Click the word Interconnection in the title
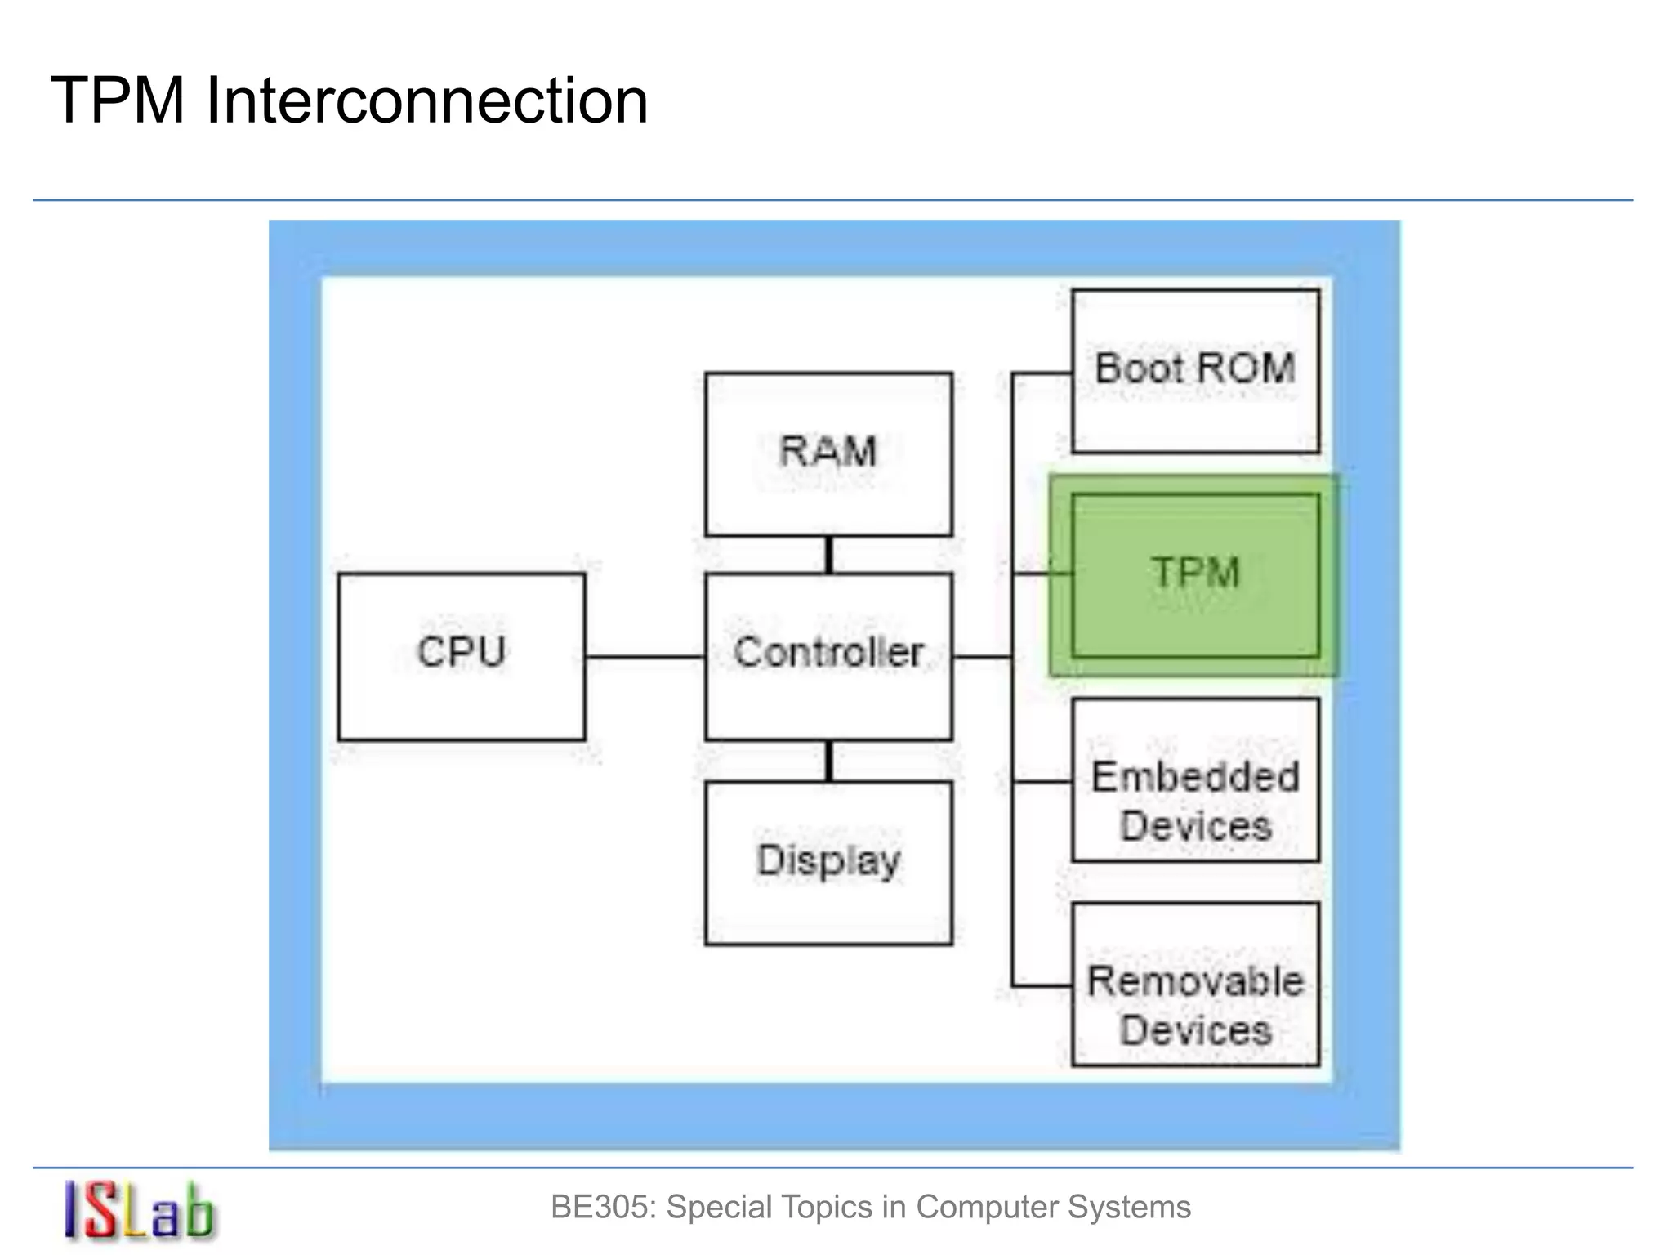pyautogui.click(x=426, y=100)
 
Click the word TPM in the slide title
pyautogui.click(x=118, y=100)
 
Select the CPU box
pyautogui.click(x=462, y=656)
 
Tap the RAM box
pyautogui.click(x=828, y=453)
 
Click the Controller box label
pyautogui.click(x=828, y=653)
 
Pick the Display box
pyautogui.click(x=828, y=863)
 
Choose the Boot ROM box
pyautogui.click(x=1195, y=370)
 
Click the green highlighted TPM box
pyautogui.click(x=1195, y=574)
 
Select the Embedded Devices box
pyautogui.click(x=1195, y=780)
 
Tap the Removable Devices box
pyautogui.click(x=1195, y=985)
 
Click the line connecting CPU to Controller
pyautogui.click(x=645, y=656)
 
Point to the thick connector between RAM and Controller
pyautogui.click(x=828, y=555)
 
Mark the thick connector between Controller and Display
pyautogui.click(x=828, y=761)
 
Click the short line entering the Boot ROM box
pyautogui.click(x=1042, y=373)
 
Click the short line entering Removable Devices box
pyautogui.click(x=1042, y=986)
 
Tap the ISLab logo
pyautogui.click(x=139, y=1211)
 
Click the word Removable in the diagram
pyautogui.click(x=1195, y=981)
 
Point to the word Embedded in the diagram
pyautogui.click(x=1195, y=777)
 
